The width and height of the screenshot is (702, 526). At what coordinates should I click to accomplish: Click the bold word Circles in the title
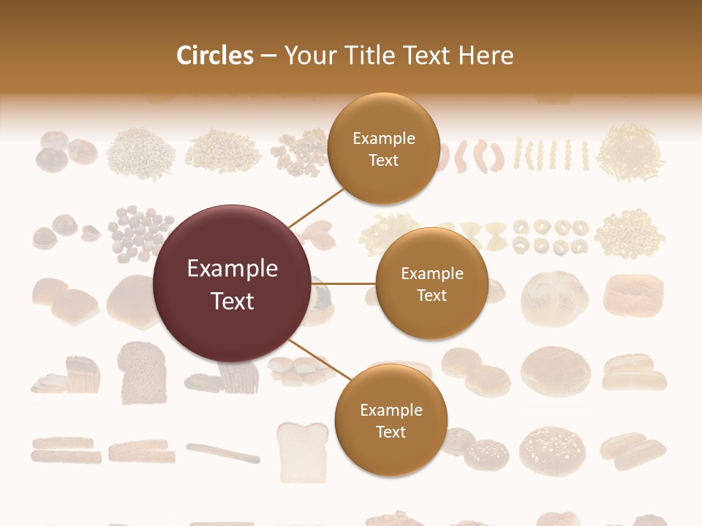215,56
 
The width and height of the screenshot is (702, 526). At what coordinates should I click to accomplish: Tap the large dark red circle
232,283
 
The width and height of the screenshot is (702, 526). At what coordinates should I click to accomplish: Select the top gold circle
383,149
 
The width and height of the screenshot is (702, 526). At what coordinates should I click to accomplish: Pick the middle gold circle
431,283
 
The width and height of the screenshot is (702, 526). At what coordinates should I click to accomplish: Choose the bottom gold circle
390,420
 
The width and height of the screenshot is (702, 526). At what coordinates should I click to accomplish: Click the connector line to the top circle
316,207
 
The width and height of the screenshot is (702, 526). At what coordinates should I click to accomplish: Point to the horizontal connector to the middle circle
344,283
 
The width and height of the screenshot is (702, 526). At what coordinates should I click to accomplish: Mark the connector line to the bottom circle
319,359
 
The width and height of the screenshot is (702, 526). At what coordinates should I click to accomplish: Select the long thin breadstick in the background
223,452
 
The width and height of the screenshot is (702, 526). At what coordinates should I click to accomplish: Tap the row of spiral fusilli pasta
552,153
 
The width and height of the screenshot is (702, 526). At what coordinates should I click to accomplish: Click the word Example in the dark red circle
232,269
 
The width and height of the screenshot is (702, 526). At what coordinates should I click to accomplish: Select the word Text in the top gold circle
383,161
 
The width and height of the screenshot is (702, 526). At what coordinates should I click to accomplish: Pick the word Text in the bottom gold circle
390,432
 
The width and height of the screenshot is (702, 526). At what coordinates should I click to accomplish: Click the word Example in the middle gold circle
431,273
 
